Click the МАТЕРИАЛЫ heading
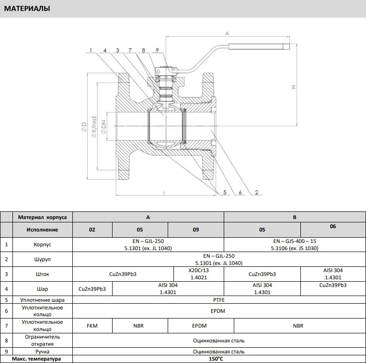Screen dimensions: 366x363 click(x=27, y=9)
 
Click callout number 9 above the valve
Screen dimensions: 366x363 click(x=157, y=50)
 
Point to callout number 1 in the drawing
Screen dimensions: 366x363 click(x=91, y=50)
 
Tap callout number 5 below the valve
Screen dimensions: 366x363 click(x=225, y=192)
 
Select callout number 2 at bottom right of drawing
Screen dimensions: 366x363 click(x=256, y=192)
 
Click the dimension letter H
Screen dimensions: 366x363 click(x=294, y=87)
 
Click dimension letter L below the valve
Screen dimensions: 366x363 click(x=164, y=193)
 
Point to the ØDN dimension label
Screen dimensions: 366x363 click(x=103, y=127)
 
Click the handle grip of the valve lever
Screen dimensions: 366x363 click(x=259, y=46)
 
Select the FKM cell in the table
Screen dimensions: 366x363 click(x=92, y=326)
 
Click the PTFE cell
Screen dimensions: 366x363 click(x=219, y=300)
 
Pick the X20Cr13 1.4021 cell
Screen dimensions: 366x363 click(x=199, y=274)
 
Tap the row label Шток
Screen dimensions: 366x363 click(x=42, y=274)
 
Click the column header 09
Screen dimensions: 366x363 click(x=196, y=230)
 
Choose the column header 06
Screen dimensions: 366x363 click(x=333, y=226)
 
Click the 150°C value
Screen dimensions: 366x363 click(x=216, y=359)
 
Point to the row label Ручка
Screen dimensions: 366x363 click(x=42, y=352)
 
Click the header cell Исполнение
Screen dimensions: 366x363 click(x=42, y=230)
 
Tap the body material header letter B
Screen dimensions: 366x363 click(x=295, y=217)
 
